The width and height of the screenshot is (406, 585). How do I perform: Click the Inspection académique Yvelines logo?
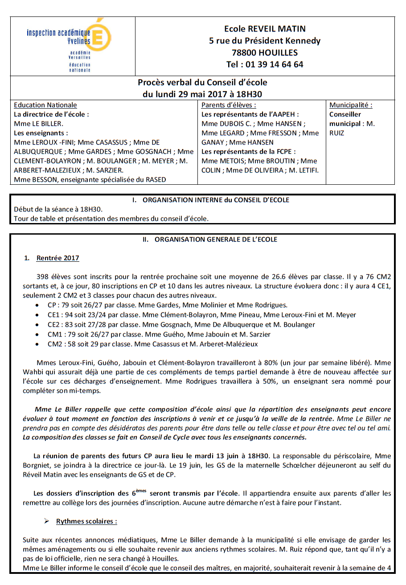69,45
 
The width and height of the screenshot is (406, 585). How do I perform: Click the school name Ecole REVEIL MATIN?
265,29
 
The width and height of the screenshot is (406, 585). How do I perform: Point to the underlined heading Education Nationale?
45,105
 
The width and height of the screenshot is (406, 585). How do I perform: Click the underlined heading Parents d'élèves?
229,105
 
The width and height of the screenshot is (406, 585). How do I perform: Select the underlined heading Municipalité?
351,105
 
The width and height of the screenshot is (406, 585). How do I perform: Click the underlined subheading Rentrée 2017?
58,258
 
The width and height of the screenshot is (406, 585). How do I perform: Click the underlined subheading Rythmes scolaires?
86,521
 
